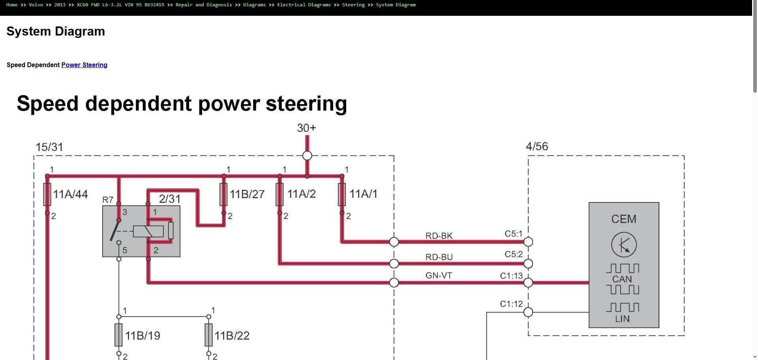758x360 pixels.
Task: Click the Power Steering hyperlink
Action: [84, 65]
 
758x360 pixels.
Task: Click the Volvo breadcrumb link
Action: [36, 5]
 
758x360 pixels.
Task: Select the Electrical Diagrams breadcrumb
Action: [304, 5]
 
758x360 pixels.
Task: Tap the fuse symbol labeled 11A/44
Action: [47, 194]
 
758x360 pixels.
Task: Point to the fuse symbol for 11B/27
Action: [223, 194]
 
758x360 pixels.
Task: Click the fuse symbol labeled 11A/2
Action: [280, 194]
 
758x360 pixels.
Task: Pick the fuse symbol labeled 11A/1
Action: [342, 194]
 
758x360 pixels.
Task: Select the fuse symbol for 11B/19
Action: [118, 335]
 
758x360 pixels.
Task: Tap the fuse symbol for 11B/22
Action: [208, 335]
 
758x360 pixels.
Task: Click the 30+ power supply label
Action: [306, 128]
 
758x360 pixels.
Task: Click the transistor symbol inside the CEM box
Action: [624, 245]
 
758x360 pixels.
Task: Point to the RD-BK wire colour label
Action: [439, 236]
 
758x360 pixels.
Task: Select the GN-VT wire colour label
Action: [439, 276]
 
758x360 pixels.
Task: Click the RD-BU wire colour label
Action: [439, 257]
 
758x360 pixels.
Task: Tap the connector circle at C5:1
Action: [528, 242]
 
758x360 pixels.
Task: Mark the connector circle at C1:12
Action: [528, 312]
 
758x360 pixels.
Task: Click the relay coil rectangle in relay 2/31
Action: [148, 231]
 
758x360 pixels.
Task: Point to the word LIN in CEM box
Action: [622, 319]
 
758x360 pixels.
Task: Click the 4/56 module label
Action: [537, 146]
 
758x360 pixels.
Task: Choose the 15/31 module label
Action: [49, 147]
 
